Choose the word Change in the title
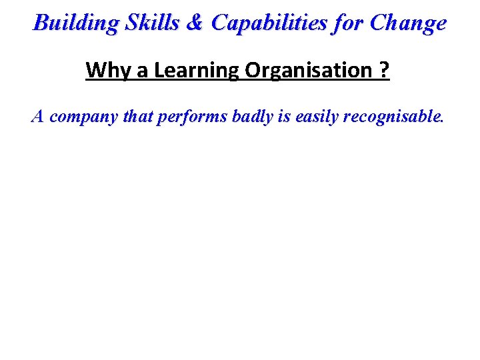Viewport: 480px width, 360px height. (x=408, y=23)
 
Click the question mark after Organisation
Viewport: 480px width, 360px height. (x=385, y=70)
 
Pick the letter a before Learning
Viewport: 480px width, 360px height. (x=143, y=70)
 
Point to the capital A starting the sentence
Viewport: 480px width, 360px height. (x=38, y=117)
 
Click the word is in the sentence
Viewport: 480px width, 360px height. (x=283, y=117)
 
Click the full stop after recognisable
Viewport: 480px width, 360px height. (x=441, y=122)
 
